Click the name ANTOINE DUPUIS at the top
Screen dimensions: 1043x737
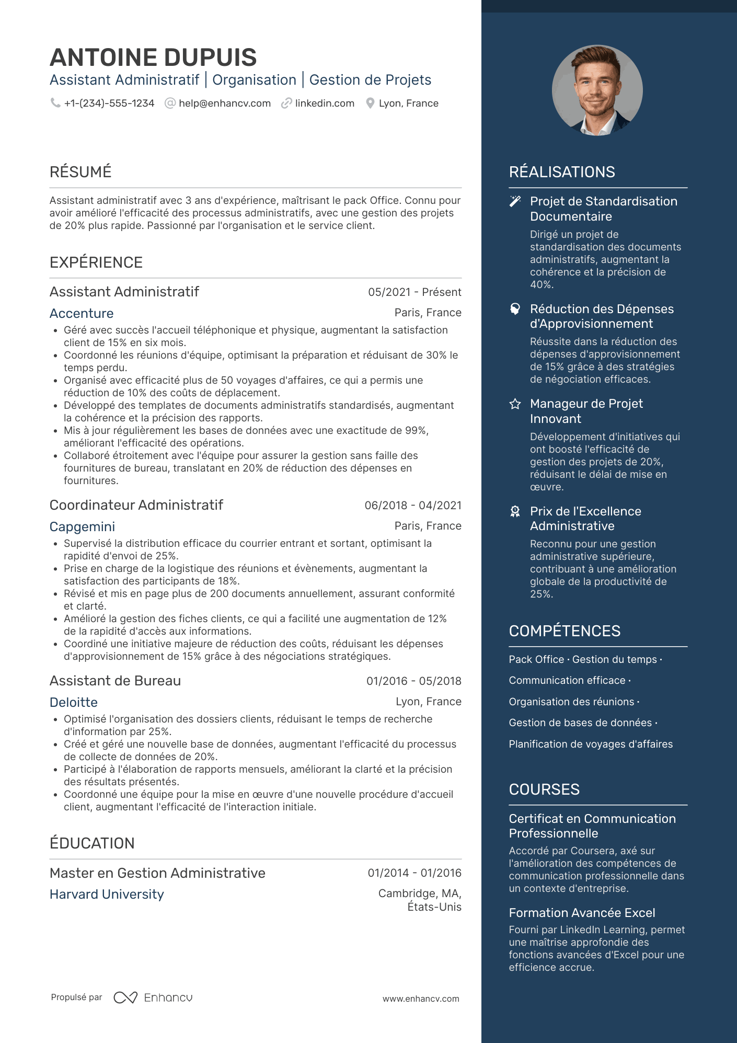point(153,58)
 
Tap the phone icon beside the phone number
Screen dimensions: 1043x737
point(55,103)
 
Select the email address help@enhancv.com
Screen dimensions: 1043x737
point(225,104)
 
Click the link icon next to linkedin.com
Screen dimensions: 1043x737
point(286,104)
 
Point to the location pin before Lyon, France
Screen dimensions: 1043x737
point(370,104)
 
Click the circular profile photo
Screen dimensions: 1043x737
point(597,90)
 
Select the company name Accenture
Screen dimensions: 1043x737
point(82,314)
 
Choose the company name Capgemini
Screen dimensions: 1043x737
point(82,527)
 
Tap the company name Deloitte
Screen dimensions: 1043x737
point(74,703)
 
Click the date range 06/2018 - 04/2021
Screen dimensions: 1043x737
point(413,506)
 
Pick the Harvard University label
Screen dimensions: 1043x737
point(107,895)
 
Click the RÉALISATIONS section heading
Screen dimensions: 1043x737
point(562,172)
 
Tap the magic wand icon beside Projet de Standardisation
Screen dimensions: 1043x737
point(515,201)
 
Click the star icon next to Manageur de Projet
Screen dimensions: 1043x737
point(515,404)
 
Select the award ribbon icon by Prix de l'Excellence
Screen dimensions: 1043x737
point(515,511)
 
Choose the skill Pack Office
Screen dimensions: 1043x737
point(536,660)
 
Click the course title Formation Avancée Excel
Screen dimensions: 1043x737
point(582,913)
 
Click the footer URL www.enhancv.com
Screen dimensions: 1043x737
point(421,999)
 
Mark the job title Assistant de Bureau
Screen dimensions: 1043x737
point(115,681)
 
